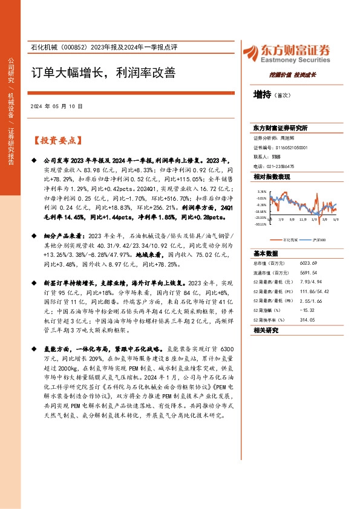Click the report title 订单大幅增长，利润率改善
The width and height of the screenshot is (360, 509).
103,73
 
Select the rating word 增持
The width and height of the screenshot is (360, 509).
263,94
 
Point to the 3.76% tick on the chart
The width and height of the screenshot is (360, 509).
261,190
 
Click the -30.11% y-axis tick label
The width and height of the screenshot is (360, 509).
260,223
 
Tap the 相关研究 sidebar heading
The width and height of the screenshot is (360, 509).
266,330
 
